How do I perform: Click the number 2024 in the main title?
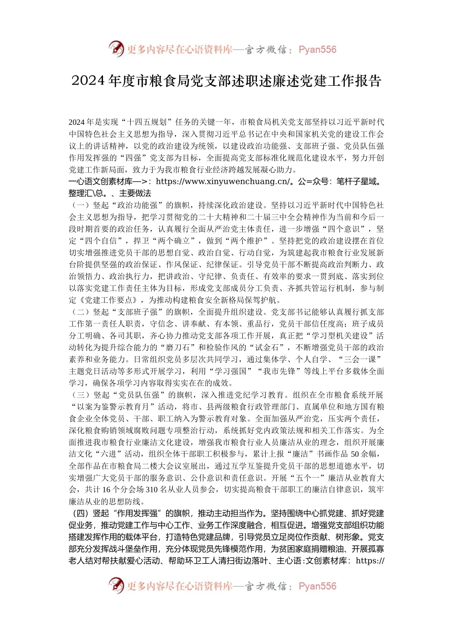pyautogui.click(x=88, y=81)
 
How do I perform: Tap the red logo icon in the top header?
pyautogui.click(x=116, y=49)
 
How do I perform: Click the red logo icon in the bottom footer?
pyautogui.click(x=116, y=586)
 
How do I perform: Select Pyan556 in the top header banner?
pyautogui.click(x=317, y=50)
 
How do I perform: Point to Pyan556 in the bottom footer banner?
pyautogui.click(x=317, y=586)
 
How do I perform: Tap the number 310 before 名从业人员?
pyautogui.click(x=152, y=489)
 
